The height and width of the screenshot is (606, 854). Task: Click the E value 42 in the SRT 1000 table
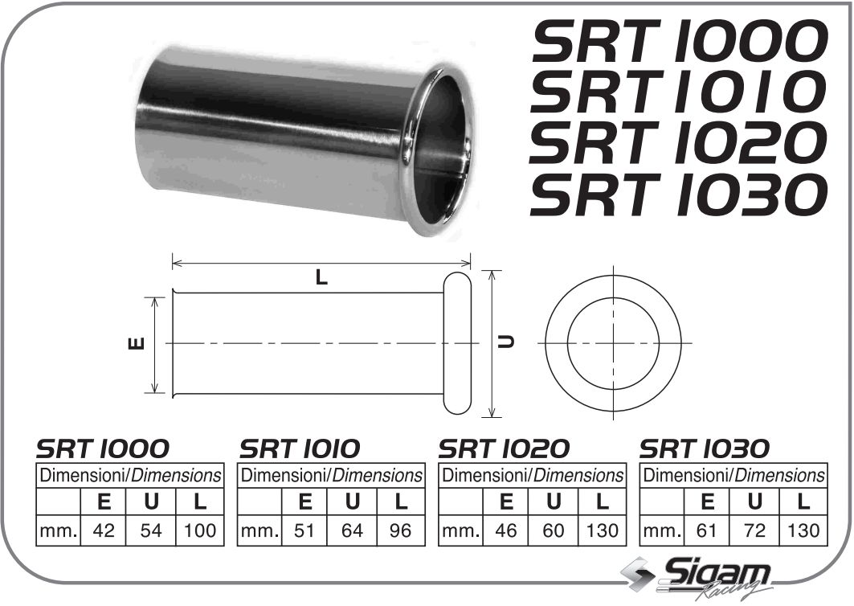pyautogui.click(x=104, y=530)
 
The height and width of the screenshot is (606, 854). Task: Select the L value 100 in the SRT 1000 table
pyautogui.click(x=198, y=530)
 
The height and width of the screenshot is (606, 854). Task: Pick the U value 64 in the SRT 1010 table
pyautogui.click(x=352, y=530)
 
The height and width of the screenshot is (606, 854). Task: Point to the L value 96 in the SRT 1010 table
pyautogui.click(x=400, y=530)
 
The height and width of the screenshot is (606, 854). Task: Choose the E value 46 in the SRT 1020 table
pyautogui.click(x=506, y=530)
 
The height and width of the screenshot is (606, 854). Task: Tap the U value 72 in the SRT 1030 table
pyautogui.click(x=755, y=530)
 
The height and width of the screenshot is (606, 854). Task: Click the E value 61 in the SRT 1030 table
pyautogui.click(x=707, y=530)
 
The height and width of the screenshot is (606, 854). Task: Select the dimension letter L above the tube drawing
pyautogui.click(x=321, y=278)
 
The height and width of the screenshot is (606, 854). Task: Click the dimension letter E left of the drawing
pyautogui.click(x=137, y=343)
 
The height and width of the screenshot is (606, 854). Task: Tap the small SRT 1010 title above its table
pyautogui.click(x=300, y=448)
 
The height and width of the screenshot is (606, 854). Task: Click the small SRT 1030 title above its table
pyautogui.click(x=704, y=448)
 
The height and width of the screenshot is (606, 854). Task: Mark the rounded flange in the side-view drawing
pyautogui.click(x=456, y=343)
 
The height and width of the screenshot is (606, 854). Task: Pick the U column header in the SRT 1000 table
pyautogui.click(x=151, y=502)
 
